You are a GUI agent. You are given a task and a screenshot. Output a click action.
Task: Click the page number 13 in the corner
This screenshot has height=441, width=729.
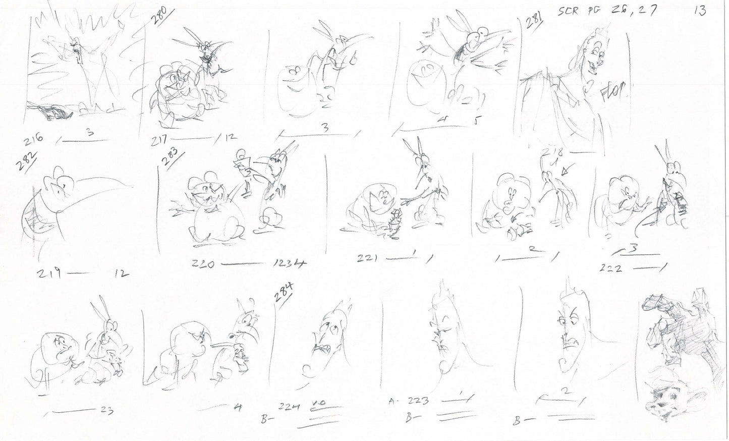[x=700, y=11]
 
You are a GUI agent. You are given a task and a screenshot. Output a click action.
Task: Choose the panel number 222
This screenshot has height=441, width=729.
[x=611, y=269]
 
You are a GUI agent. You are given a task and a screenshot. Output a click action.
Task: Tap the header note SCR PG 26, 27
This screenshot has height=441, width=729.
[x=605, y=11]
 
